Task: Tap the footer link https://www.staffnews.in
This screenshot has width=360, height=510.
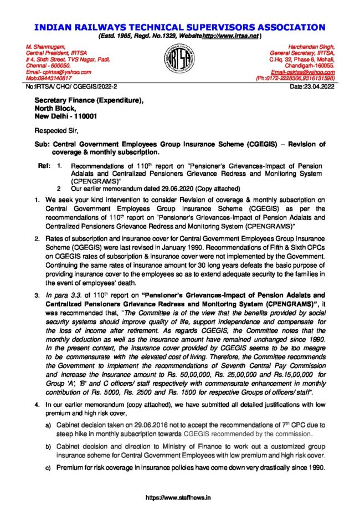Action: tap(179, 498)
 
